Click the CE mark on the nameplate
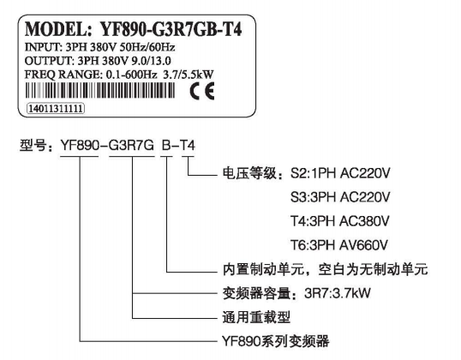(202, 91)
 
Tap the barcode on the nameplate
(100, 90)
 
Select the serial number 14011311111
(56, 109)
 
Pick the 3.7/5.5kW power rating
(189, 75)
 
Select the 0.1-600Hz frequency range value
(131, 75)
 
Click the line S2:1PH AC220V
(340, 173)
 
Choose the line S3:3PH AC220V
(340, 197)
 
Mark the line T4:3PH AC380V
(340, 221)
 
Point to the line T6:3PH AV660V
(339, 245)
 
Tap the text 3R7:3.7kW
(338, 293)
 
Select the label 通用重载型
(256, 317)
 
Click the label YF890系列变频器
(275, 341)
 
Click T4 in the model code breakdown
(188, 146)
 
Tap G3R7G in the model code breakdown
(131, 146)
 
